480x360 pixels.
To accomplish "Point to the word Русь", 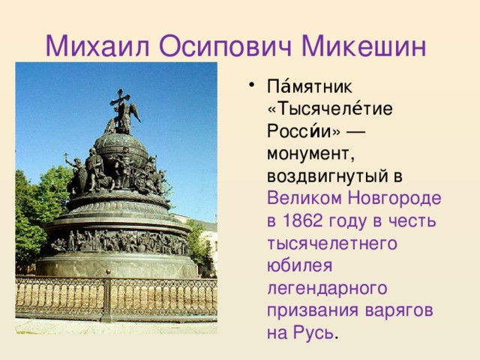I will [313, 331].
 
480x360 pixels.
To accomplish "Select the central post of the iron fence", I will [107, 300].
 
